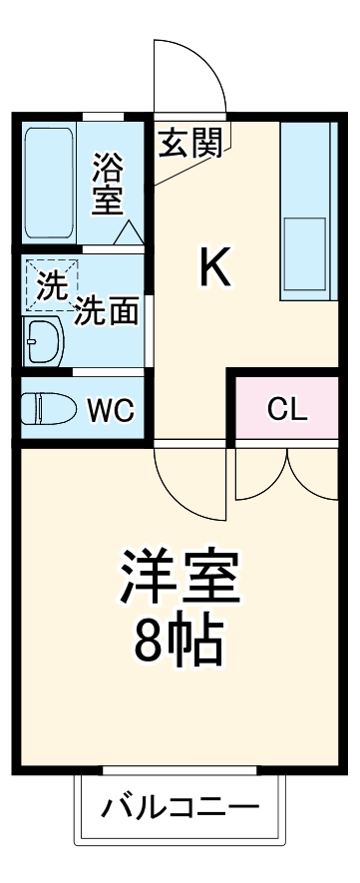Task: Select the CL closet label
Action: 286,408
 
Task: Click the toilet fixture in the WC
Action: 50,408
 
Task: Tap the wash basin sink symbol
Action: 43,342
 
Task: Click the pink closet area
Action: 286,408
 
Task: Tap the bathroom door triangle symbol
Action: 130,233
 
